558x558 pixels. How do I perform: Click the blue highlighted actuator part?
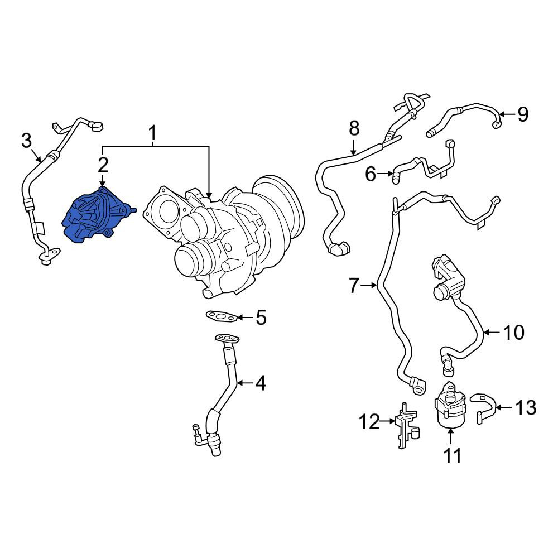click(98, 215)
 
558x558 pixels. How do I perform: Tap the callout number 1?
click(152, 133)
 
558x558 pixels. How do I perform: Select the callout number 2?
click(103, 165)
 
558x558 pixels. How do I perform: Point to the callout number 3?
click(27, 141)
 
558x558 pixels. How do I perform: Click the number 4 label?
click(261, 383)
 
